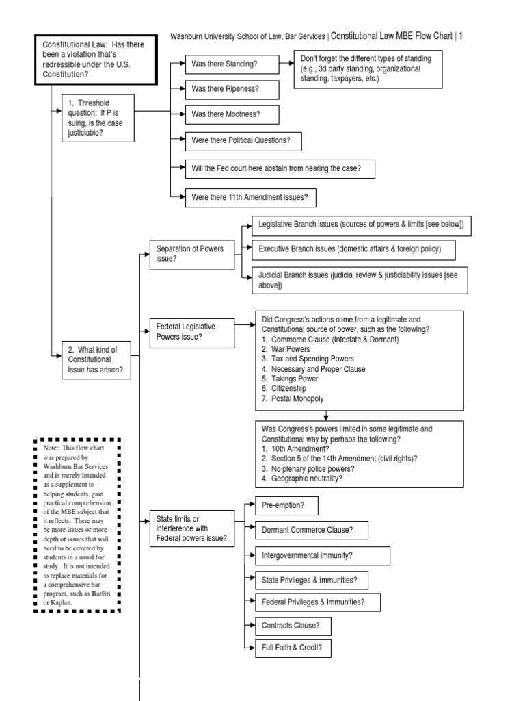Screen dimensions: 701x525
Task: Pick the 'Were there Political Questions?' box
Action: click(243, 140)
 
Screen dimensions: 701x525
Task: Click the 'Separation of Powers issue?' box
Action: click(191, 253)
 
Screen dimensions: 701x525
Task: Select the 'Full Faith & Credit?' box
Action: click(288, 648)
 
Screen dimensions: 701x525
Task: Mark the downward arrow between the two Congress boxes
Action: click(326, 414)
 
